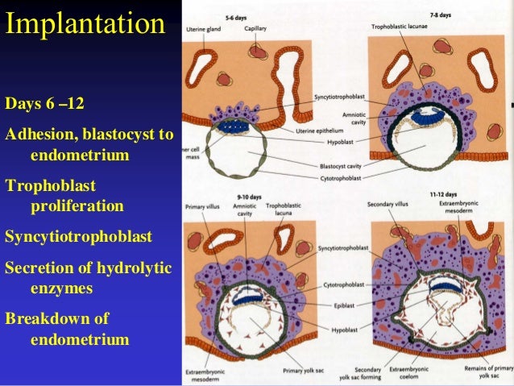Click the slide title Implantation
click(x=85, y=24)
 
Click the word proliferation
click(x=77, y=206)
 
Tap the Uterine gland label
click(x=204, y=27)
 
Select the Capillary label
click(x=256, y=27)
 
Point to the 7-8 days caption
click(x=441, y=14)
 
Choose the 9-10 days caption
click(x=247, y=196)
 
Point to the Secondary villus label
click(x=390, y=204)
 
